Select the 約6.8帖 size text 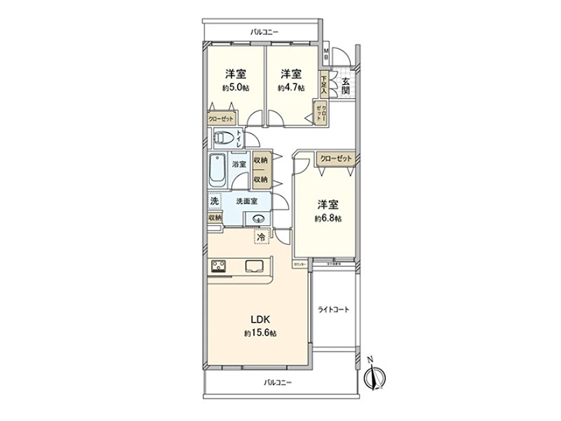pos(327,218)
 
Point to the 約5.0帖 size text pos(235,88)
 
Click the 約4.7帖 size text pos(291,88)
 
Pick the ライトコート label pos(334,309)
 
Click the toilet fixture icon pos(224,138)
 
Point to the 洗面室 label pos(245,201)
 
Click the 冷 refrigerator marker pos(261,238)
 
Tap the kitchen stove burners pos(219,266)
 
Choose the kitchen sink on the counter pos(253,266)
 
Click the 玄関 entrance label pos(345,86)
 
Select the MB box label pos(326,53)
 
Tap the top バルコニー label pos(264,32)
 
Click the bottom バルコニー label pos(278,382)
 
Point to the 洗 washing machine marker pos(214,201)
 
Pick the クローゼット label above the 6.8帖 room pos(336,158)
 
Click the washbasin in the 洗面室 pos(257,219)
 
